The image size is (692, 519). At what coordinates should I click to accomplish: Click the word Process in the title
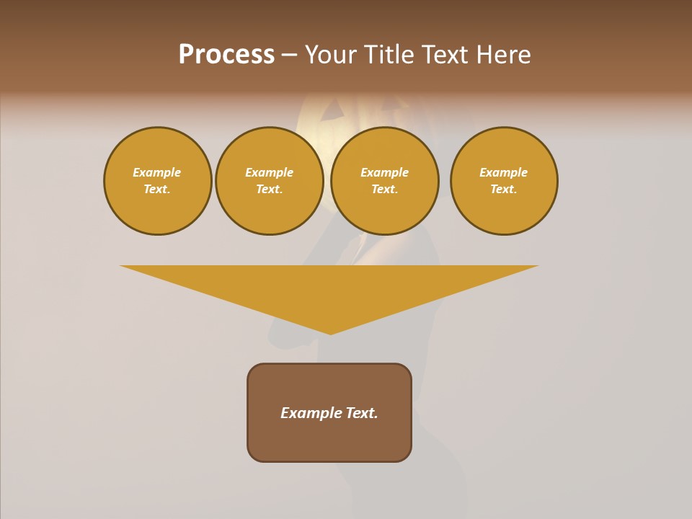226,55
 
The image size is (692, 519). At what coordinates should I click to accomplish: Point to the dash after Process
290,56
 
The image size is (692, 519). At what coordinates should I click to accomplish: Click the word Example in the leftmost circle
157,173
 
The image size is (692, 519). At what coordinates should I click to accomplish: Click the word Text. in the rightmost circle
504,190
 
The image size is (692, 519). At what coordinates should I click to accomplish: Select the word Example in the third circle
384,173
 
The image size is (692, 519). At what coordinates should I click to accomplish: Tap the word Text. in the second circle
269,190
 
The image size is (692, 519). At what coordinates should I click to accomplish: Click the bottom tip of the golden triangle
330,332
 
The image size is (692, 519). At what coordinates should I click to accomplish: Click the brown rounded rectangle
329,440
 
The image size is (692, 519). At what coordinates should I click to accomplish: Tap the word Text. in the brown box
363,413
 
